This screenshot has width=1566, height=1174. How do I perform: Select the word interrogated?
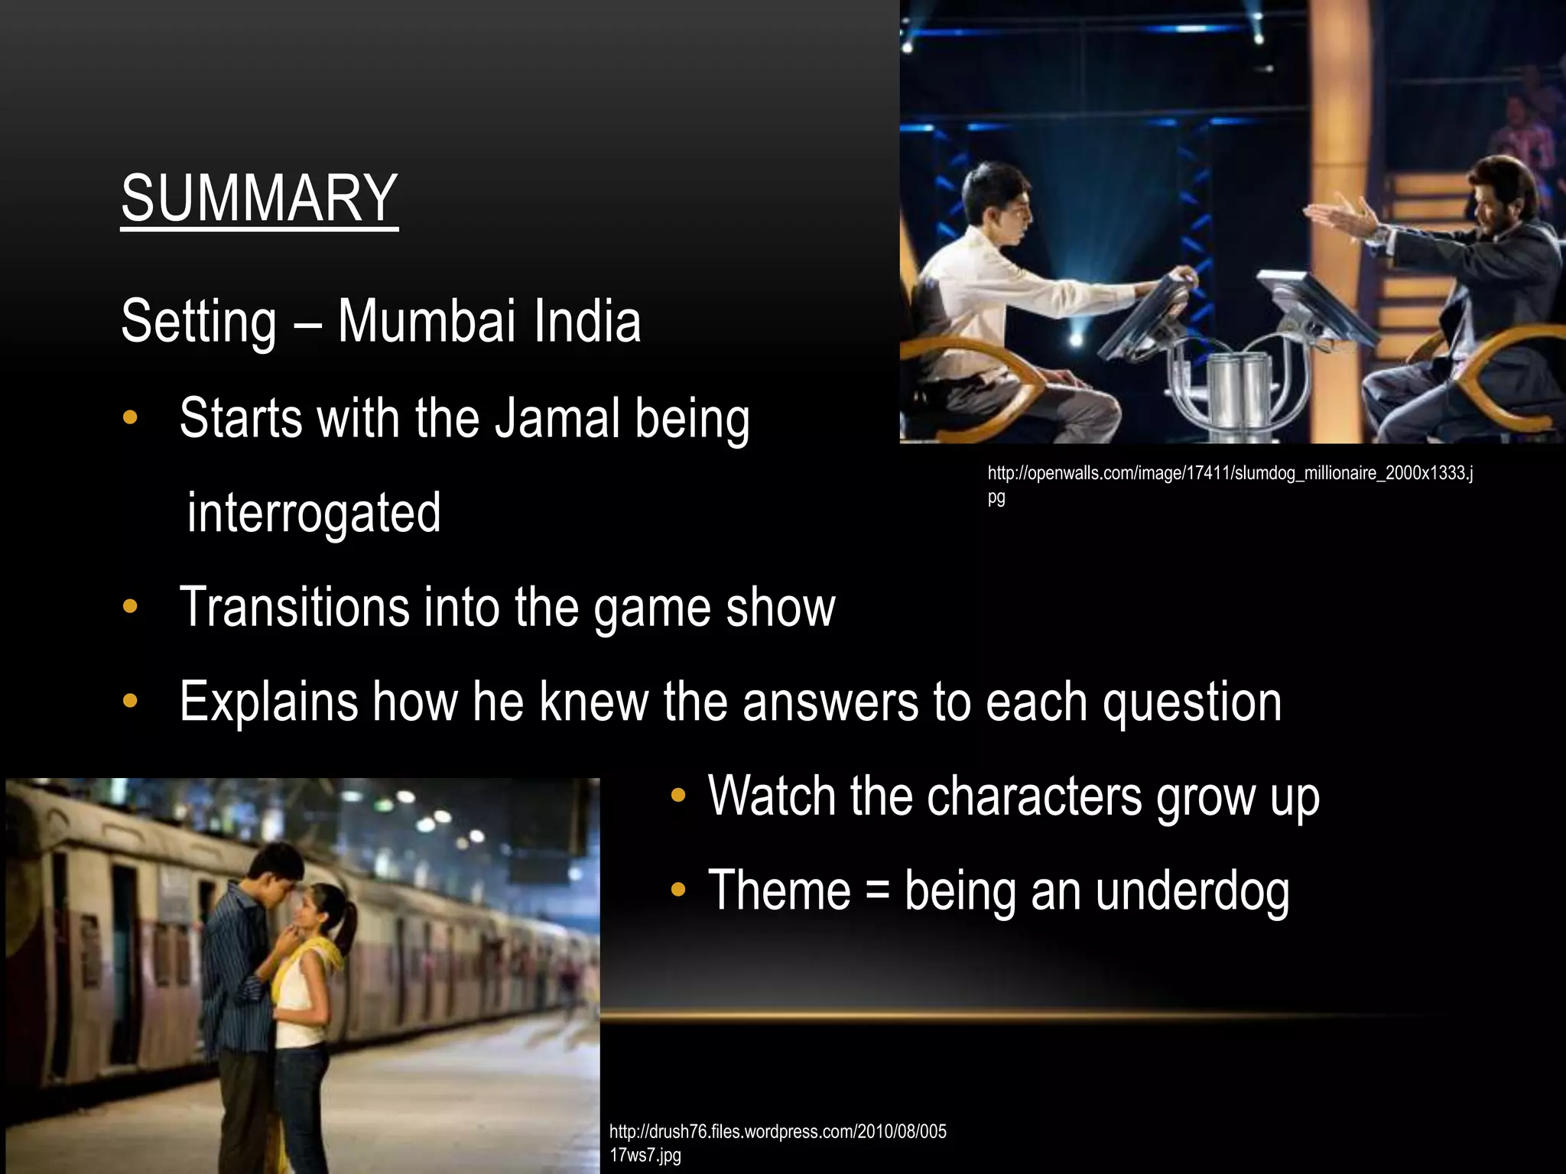[x=314, y=513]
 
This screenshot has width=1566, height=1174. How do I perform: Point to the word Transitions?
[x=294, y=608]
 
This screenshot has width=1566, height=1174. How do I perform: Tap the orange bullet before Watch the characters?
[x=677, y=796]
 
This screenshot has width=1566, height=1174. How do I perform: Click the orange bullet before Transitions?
[x=130, y=608]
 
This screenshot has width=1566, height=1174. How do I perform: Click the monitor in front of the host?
[x=1315, y=306]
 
